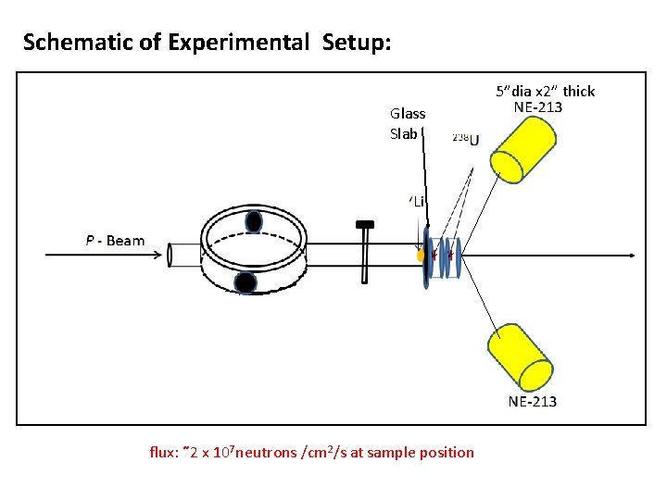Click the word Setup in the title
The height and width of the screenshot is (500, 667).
click(x=357, y=43)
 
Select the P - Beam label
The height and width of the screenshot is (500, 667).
click(x=115, y=241)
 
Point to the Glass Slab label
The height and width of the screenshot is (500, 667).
click(x=408, y=123)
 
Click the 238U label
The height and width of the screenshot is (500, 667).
click(x=465, y=139)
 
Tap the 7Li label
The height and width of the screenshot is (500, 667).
click(x=418, y=201)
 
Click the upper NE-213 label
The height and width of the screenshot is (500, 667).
click(x=537, y=106)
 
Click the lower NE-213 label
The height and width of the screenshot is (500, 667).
click(x=533, y=401)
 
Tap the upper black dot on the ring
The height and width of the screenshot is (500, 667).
click(x=254, y=221)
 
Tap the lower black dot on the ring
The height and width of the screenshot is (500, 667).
click(x=245, y=281)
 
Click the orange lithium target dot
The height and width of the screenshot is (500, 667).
click(x=422, y=254)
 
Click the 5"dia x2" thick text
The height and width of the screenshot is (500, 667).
click(x=545, y=91)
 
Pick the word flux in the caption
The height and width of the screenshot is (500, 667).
click(x=164, y=453)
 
